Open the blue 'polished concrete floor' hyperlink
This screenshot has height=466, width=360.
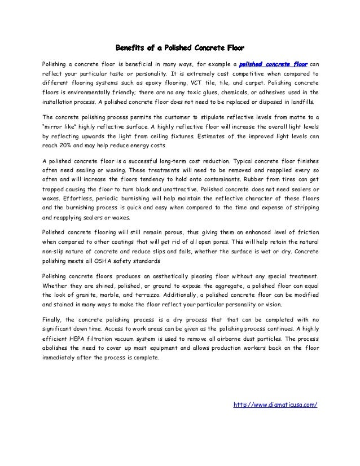276,63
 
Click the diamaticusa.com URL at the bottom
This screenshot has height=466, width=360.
275,405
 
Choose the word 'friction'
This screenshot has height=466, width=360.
304,232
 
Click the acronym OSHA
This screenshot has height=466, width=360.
106,263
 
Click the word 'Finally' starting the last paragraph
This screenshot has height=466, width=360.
56,321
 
